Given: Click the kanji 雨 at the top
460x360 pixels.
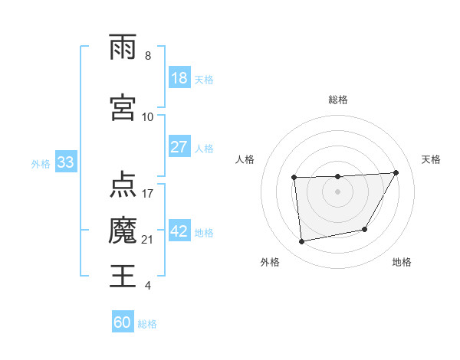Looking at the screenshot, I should [123, 47].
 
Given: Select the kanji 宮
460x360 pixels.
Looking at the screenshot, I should [123, 107].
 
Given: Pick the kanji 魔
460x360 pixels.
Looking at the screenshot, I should [123, 230].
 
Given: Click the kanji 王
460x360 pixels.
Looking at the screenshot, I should [123, 275].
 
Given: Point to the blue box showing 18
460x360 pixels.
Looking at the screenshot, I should [179, 79].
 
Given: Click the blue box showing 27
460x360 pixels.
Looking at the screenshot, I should [179, 146].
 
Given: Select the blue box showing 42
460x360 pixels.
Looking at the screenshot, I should [179, 232].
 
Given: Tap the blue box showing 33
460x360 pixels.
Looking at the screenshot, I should [64, 163].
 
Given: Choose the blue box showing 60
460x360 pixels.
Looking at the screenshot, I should [123, 322].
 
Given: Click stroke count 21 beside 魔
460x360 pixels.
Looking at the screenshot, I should [148, 241].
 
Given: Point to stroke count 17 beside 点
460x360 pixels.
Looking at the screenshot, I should [148, 193].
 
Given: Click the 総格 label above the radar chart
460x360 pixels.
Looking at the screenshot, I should [338, 100].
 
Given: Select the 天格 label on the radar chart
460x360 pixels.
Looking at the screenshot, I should [432, 159].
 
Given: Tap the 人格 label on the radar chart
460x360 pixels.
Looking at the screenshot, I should [245, 159].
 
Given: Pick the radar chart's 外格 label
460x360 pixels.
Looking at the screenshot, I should [270, 263].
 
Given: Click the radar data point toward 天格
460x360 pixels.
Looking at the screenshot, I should [396, 172].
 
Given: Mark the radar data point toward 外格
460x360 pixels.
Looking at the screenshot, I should [302, 242].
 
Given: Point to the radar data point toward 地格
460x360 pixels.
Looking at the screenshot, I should [365, 229].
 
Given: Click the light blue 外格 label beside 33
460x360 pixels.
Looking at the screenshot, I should [40, 164].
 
